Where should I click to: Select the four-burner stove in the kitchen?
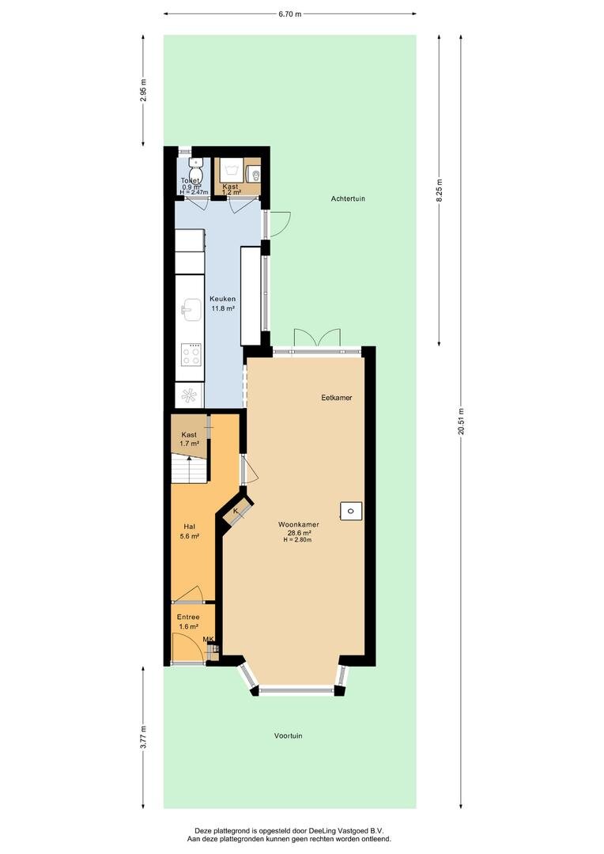coord(191,355)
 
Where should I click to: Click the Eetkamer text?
coord(336,398)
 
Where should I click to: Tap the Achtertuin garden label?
coord(348,198)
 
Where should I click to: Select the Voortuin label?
coord(288,736)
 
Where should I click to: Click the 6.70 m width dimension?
coord(289,14)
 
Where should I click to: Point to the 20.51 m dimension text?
coord(461,421)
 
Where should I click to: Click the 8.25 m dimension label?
coord(440,191)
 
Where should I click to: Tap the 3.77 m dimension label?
coord(143,738)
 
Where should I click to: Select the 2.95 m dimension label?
coord(143,90)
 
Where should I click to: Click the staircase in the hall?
coord(189,470)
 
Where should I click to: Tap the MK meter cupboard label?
coord(208,640)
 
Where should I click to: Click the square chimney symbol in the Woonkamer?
coord(351,511)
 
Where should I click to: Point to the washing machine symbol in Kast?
coord(231,170)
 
